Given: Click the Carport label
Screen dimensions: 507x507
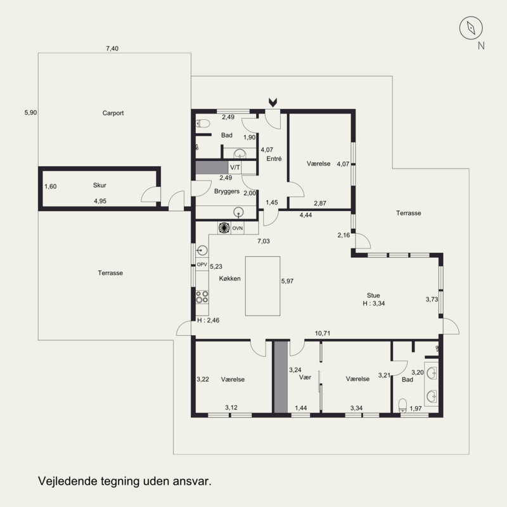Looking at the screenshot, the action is tap(113, 113).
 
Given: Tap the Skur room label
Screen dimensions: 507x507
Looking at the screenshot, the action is tap(99, 185).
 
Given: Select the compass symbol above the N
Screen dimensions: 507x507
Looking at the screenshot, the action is tap(471, 28).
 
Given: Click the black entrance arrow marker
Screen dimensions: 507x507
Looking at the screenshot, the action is tap(273, 103).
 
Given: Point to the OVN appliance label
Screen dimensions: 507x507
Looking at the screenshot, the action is tap(237, 228).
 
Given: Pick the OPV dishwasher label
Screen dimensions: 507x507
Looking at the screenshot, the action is tap(202, 264).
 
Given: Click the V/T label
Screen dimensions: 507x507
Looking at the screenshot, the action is tap(235, 167).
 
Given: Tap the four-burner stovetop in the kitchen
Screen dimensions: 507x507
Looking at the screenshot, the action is tap(202, 297).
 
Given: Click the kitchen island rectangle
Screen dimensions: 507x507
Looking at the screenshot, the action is tap(262, 286).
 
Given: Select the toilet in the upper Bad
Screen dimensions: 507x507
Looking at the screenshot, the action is tap(203, 123).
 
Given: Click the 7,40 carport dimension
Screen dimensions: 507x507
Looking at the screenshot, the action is tap(112, 49).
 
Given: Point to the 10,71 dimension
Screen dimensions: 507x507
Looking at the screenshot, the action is tap(323, 333).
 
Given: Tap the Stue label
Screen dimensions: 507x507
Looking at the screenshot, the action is tap(373, 295).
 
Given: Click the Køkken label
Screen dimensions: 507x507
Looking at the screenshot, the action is tap(230, 278).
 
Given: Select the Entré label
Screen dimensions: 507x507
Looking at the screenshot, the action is tap(274, 159).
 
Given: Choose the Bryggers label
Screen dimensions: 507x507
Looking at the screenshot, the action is tap(227, 191).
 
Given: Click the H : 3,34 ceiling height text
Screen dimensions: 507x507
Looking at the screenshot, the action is tap(374, 304).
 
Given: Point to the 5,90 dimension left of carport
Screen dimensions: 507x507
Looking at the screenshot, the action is tap(30, 113).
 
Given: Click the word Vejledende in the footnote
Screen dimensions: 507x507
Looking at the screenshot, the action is tap(68, 481).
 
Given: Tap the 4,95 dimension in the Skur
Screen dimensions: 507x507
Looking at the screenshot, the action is tap(100, 201).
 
